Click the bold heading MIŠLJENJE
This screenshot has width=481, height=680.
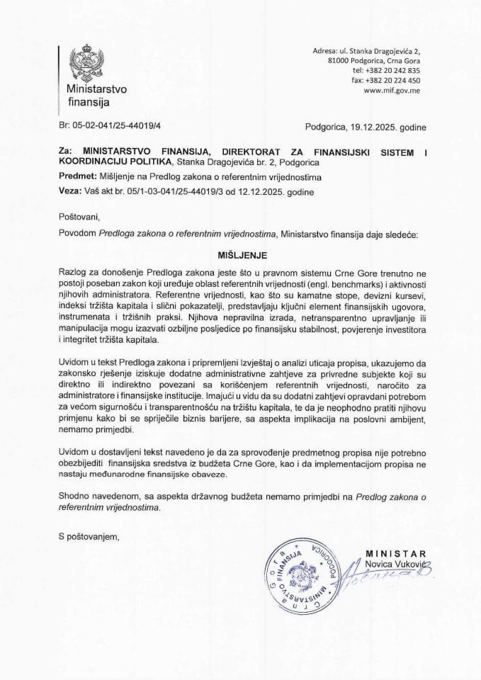tap(240, 251)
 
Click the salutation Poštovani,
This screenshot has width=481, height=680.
tap(77, 216)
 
